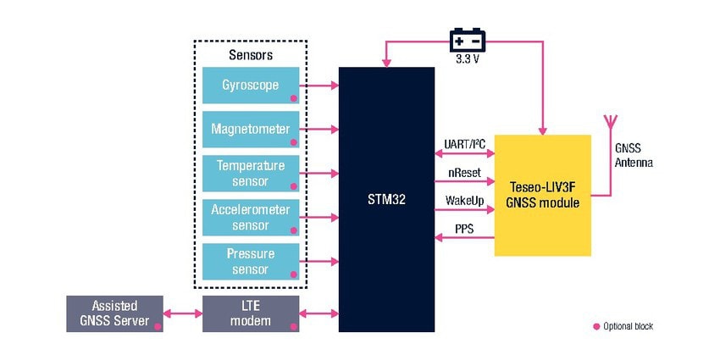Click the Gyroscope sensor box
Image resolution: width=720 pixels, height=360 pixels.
pyautogui.click(x=251, y=86)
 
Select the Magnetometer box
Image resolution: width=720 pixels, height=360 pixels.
pyautogui.click(x=251, y=130)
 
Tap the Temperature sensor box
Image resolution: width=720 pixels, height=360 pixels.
pyautogui.click(x=251, y=173)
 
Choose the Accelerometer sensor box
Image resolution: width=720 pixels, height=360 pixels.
pyautogui.click(x=251, y=218)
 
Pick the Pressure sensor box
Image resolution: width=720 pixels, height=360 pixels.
pyautogui.click(x=251, y=262)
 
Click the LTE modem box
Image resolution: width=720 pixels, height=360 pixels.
pyautogui.click(x=251, y=313)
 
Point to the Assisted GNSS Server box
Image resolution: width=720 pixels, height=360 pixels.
pyautogui.click(x=114, y=313)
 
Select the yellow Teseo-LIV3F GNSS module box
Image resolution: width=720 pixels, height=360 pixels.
pyautogui.click(x=541, y=196)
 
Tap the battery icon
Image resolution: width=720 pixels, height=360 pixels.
pyautogui.click(x=467, y=41)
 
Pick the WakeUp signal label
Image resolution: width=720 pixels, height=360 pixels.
pyautogui.click(x=463, y=202)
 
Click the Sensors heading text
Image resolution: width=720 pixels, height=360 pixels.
pyautogui.click(x=251, y=55)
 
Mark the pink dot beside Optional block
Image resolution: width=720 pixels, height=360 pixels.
pyautogui.click(x=595, y=326)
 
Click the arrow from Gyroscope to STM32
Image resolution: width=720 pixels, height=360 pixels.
pyautogui.click(x=319, y=86)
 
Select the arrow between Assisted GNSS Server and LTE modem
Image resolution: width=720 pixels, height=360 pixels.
pyautogui.click(x=181, y=314)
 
